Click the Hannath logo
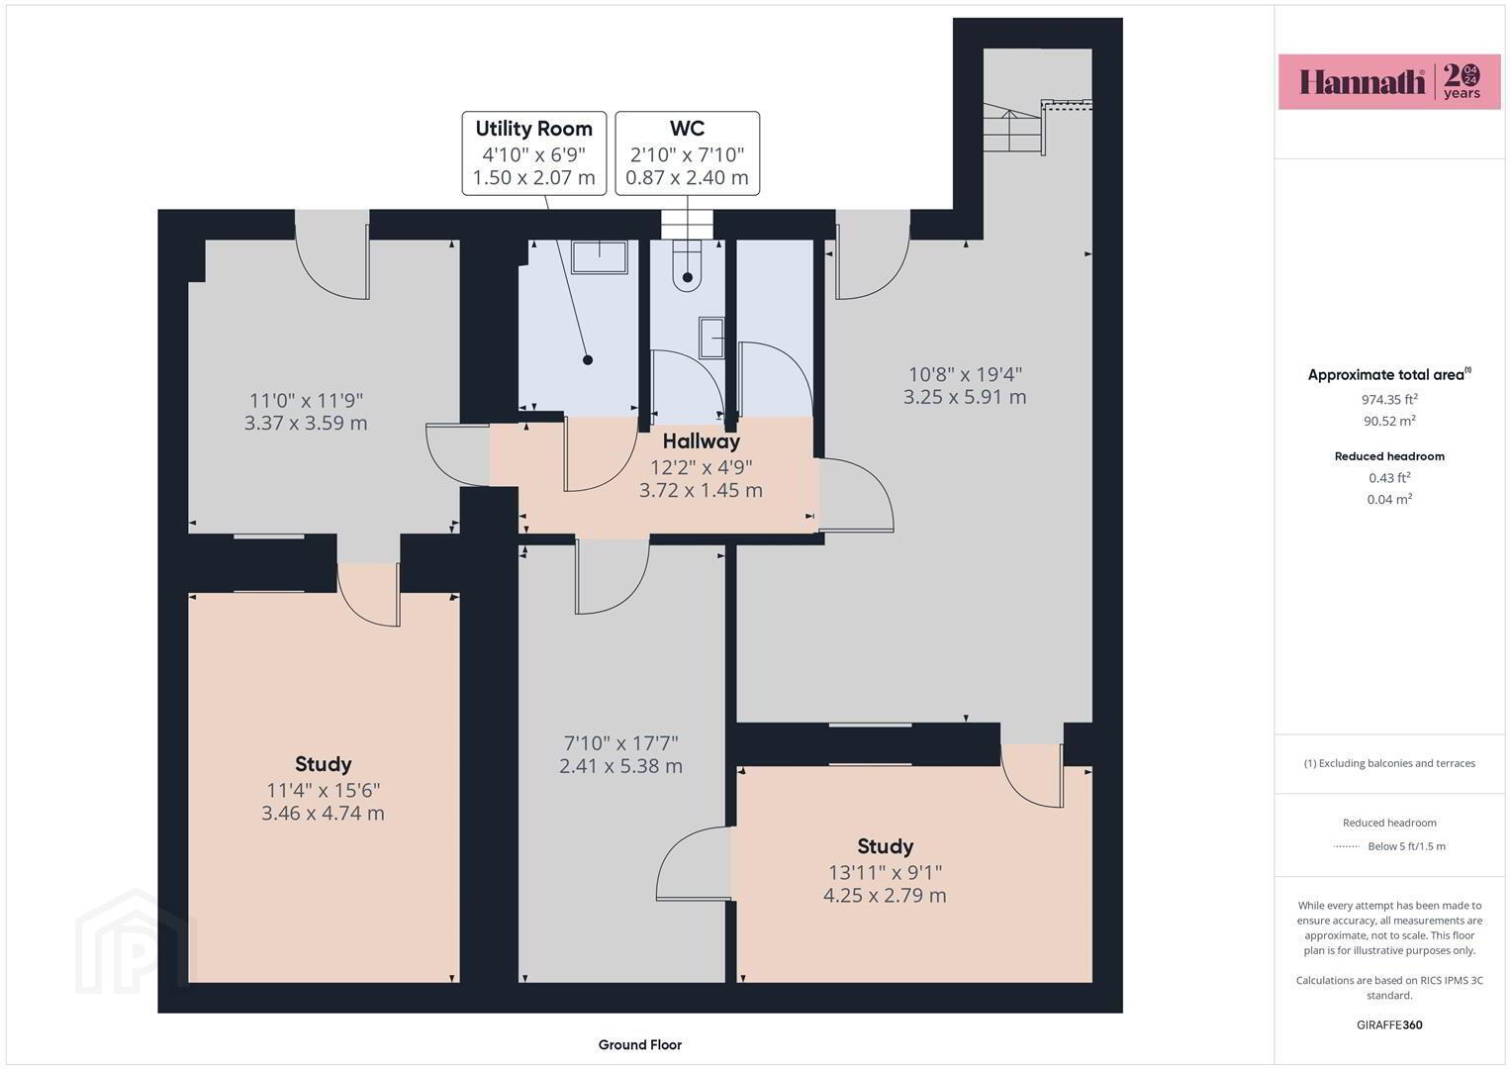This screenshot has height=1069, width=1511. click(x=1389, y=81)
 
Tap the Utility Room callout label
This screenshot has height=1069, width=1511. click(x=534, y=153)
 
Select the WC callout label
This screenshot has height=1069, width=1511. click(x=688, y=153)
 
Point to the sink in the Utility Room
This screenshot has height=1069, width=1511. click(x=599, y=256)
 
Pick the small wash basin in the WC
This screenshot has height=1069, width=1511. click(x=711, y=338)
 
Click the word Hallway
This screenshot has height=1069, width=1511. click(x=702, y=441)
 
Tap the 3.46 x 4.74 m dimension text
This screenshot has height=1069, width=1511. click(x=324, y=814)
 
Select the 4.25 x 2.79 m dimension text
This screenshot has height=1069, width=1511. click(x=885, y=896)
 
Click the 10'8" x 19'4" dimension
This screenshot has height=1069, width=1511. click(x=966, y=374)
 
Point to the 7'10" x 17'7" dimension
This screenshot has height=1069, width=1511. click(x=620, y=743)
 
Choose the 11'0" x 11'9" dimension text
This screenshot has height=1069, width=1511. click(x=306, y=400)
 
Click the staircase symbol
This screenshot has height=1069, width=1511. click(x=1013, y=129)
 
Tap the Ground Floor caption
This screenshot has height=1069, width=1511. click(x=640, y=1044)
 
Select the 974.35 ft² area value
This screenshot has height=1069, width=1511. click(x=1389, y=399)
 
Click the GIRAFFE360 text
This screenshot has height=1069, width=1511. click(x=1389, y=1024)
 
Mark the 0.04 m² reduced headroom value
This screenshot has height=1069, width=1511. click(x=1389, y=499)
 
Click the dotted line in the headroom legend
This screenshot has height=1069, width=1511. click(x=1347, y=846)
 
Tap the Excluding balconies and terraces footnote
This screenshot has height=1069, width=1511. click(x=1389, y=763)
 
